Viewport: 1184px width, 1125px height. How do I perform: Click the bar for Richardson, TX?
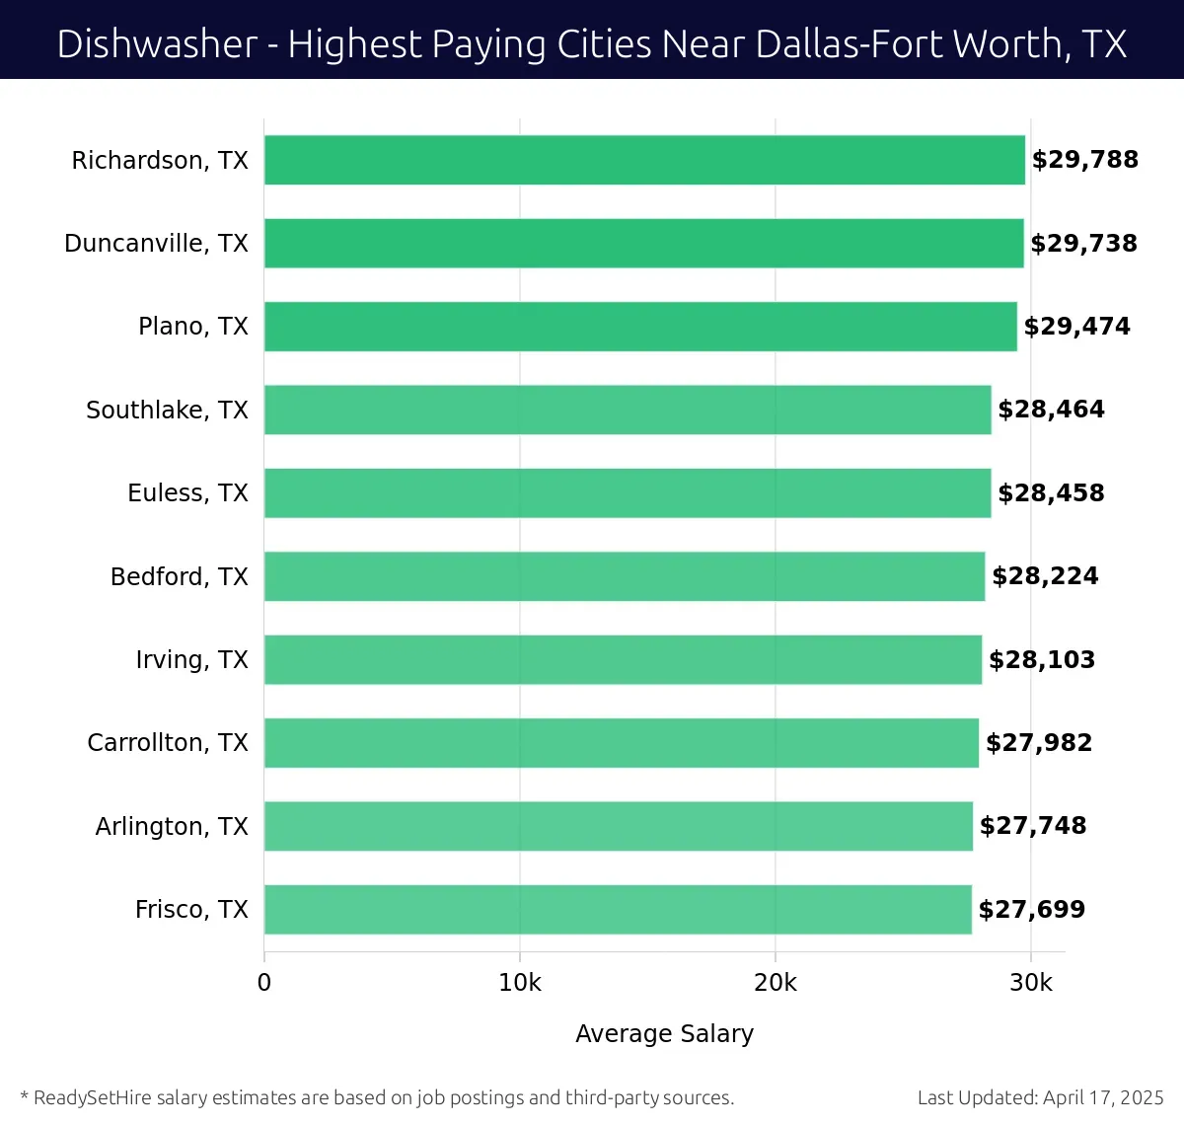[x=644, y=160]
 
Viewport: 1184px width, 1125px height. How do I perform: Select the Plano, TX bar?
[x=640, y=327]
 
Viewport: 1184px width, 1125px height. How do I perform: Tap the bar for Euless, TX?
[x=628, y=493]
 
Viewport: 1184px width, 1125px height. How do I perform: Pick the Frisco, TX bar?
[x=618, y=910]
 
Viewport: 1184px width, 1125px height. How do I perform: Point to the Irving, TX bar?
[x=623, y=660]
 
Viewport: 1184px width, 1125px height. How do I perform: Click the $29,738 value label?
[x=1083, y=244]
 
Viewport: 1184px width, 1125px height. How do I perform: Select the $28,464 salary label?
[x=1051, y=410]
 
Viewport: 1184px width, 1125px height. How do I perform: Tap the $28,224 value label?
[x=1045, y=576]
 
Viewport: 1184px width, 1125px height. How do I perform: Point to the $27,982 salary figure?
[x=1039, y=743]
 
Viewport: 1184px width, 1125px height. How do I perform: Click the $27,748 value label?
[x=1033, y=826]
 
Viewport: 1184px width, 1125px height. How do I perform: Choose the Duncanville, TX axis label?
[x=156, y=244]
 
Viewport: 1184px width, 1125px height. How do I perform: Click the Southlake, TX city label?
[x=167, y=411]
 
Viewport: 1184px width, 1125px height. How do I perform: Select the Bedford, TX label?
[x=179, y=576]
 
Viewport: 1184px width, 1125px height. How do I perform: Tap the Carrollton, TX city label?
[x=168, y=743]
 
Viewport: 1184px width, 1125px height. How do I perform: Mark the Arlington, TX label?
[x=172, y=826]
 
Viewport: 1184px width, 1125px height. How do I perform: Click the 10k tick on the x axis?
[x=520, y=983]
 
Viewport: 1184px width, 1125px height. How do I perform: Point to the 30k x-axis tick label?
[x=1031, y=983]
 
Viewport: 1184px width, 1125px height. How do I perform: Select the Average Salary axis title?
[x=664, y=1033]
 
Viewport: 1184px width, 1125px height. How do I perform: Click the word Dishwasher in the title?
[x=157, y=44]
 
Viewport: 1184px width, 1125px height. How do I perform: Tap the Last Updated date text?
[x=1040, y=1097]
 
